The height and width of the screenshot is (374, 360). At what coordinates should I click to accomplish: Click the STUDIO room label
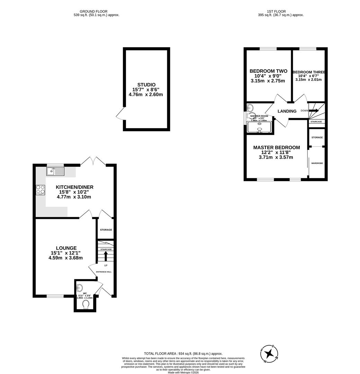click(x=146, y=84)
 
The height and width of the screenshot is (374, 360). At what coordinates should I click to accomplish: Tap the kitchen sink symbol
click(x=55, y=171)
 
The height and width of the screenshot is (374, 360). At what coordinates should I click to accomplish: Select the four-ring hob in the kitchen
click(x=40, y=190)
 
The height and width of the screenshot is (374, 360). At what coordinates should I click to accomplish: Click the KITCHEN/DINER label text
click(x=74, y=187)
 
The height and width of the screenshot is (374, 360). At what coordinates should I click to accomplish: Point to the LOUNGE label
click(x=66, y=248)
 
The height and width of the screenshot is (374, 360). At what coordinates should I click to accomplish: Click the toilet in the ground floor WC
click(x=85, y=304)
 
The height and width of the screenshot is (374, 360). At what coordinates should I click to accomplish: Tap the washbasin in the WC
click(x=80, y=287)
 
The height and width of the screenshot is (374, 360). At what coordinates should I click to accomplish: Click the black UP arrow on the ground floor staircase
click(x=106, y=256)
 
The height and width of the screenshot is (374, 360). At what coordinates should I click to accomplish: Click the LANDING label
click(x=287, y=111)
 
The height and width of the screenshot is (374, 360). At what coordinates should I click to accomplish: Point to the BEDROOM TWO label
click(x=268, y=71)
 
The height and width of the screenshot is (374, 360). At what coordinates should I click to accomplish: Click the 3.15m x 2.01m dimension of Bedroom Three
click(x=308, y=80)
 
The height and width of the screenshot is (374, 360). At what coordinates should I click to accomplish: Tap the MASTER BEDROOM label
click(x=276, y=148)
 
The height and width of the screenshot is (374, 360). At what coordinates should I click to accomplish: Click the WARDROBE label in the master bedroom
click(x=317, y=163)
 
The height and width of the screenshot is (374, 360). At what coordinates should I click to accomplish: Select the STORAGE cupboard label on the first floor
click(x=317, y=137)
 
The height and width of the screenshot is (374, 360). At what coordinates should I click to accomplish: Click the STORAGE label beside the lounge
click(x=106, y=230)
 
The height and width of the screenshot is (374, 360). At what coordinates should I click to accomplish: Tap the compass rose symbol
click(x=269, y=354)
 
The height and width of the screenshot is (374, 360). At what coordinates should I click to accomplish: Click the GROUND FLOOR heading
click(x=93, y=11)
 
